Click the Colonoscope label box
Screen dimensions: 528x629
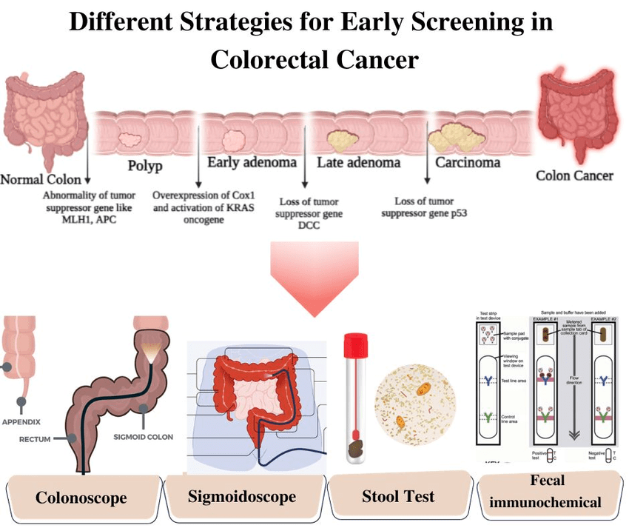[x=81, y=497]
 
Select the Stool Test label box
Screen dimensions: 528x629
[x=398, y=496]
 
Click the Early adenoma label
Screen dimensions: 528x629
[x=252, y=163]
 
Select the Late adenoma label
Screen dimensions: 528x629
[x=359, y=162]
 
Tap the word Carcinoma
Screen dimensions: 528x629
[x=468, y=162]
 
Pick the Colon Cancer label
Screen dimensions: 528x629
[x=574, y=176]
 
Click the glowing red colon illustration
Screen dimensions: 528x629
[x=576, y=116]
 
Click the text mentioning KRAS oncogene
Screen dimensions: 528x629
[x=203, y=208]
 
